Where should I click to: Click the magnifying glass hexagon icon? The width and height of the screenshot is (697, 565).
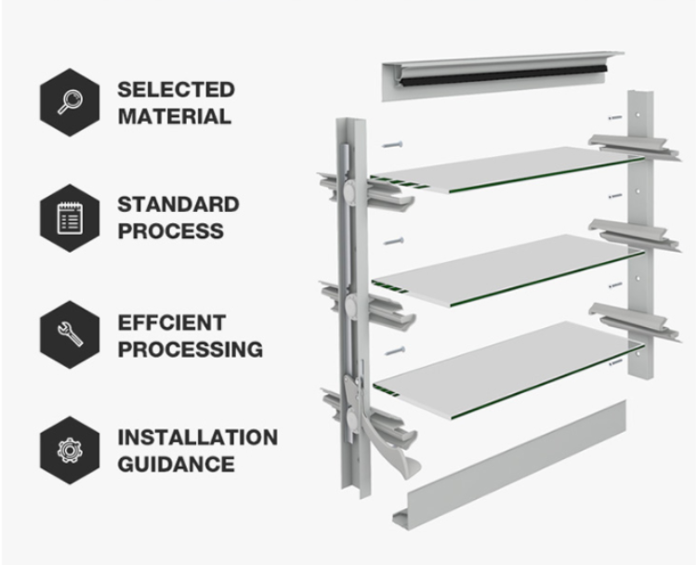coord(69,103)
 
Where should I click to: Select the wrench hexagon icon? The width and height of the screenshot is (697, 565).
coord(69,335)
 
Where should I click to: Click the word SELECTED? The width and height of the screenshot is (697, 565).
coord(175,90)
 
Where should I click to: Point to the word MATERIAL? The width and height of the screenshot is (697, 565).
coord(174,117)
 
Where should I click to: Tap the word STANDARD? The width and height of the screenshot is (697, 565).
coord(178,204)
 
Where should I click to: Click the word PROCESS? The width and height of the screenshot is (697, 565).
coord(170,231)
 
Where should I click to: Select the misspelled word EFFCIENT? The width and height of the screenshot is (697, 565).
coord(171,322)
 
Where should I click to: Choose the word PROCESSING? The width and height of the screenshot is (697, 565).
coord(190,350)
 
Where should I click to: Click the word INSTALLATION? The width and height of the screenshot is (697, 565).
coord(197,437)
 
